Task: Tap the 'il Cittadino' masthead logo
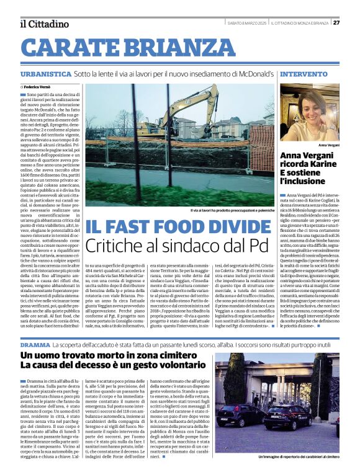[44, 24]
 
